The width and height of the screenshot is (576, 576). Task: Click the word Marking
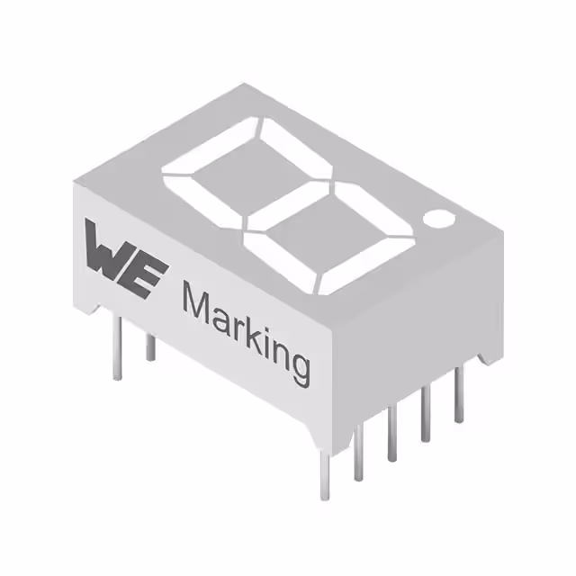click(246, 334)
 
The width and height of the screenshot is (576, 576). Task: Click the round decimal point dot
click(439, 219)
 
